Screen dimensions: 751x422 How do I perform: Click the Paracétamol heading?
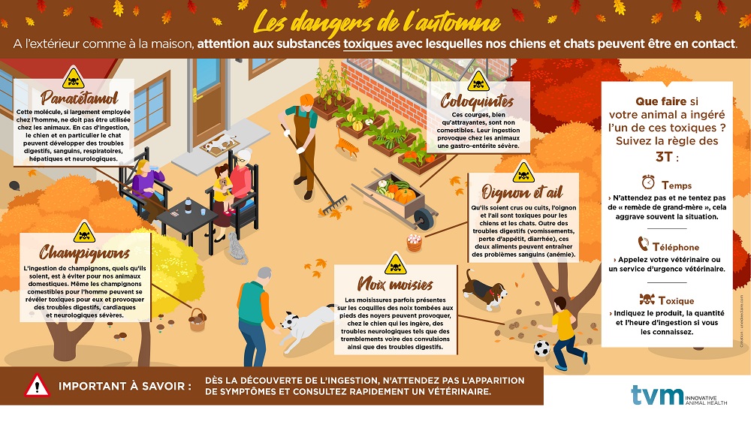[80, 98]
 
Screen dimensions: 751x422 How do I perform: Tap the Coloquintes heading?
[477, 101]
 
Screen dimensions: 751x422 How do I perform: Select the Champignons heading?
[84, 252]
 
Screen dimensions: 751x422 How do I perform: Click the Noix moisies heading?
[395, 284]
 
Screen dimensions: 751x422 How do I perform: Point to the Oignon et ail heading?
[523, 192]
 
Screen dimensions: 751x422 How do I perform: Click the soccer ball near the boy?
[541, 348]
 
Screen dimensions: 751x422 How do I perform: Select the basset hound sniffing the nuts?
[483, 290]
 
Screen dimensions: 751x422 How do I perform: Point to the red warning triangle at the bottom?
[37, 386]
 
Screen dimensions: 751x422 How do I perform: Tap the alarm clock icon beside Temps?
[648, 182]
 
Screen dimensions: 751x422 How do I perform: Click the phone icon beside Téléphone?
[644, 244]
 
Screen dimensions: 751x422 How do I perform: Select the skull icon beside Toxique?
[647, 300]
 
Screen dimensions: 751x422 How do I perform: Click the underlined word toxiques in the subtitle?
[368, 44]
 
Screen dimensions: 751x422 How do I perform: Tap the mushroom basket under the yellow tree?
[198, 320]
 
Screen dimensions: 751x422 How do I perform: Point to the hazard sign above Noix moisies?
[395, 264]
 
